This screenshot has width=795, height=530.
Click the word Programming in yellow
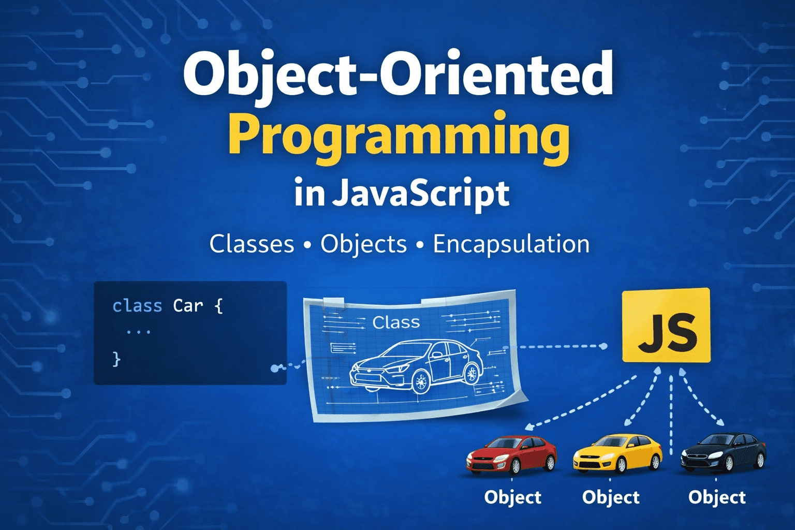[x=399, y=136]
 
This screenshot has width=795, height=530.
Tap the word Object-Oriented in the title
[x=397, y=73]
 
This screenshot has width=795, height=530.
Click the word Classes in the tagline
[x=252, y=244]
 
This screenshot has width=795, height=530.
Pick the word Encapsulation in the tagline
[x=511, y=244]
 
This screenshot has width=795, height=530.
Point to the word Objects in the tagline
[x=363, y=244]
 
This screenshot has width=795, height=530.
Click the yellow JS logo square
[x=666, y=325]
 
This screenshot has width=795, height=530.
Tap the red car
[x=511, y=454]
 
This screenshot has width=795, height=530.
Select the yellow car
[x=617, y=453]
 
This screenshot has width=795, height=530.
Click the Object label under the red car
[x=512, y=497]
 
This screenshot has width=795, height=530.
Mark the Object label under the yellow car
[x=611, y=497]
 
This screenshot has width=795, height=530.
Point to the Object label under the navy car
[x=717, y=497]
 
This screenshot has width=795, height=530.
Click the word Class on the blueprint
[x=396, y=322]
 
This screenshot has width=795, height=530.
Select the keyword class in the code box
[x=137, y=306]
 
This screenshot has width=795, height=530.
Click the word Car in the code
[x=188, y=306]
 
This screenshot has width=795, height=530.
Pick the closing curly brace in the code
[x=116, y=358]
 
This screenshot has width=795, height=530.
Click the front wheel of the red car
[x=515, y=466]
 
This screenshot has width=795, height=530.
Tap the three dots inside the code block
[x=139, y=332]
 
